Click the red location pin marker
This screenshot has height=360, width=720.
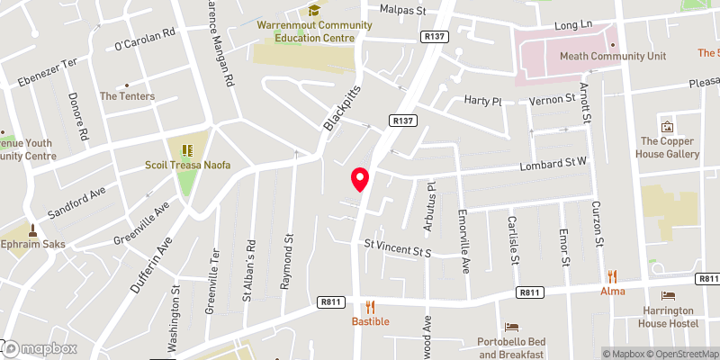tap(360, 179)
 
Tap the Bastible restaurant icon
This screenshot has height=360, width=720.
tap(369, 306)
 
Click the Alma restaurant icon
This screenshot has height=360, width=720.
tap(612, 276)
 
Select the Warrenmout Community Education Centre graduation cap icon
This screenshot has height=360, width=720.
tap(314, 10)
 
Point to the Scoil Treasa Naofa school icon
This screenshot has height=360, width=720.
tap(188, 150)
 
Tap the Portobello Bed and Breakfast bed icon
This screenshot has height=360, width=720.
tap(511, 327)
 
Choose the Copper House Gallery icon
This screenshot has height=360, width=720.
tap(667, 126)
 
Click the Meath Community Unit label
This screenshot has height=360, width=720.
tap(612, 56)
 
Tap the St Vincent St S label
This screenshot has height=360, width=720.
tap(398, 246)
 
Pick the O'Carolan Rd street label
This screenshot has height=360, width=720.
tap(145, 44)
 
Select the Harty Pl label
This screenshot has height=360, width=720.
tap(481, 101)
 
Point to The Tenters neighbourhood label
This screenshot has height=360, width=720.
tap(127, 96)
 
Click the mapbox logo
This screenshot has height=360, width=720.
tap(40, 348)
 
